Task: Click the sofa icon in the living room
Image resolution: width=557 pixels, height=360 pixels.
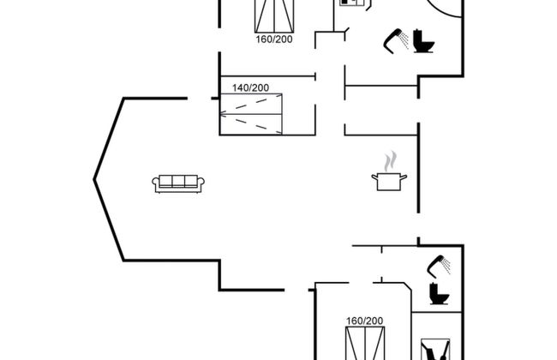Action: [x=178, y=182]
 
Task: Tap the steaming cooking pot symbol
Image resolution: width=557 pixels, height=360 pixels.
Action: [x=389, y=180]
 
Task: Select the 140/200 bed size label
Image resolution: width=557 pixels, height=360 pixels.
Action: [x=250, y=87]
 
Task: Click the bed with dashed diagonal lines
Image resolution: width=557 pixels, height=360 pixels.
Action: [x=250, y=113]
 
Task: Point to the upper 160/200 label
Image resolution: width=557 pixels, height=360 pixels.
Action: [x=273, y=39]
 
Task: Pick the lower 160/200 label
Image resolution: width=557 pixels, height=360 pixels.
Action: [x=364, y=321]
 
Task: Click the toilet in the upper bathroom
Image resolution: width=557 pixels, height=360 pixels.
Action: [x=422, y=41]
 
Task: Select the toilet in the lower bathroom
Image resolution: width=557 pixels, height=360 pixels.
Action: [x=437, y=293]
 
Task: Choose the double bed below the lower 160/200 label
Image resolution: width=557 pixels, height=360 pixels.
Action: [x=364, y=343]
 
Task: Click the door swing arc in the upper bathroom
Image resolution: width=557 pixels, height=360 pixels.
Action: [x=449, y=10]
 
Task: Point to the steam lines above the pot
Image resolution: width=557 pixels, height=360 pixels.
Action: [x=390, y=160]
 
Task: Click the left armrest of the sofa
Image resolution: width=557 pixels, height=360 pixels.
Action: [x=157, y=183]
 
